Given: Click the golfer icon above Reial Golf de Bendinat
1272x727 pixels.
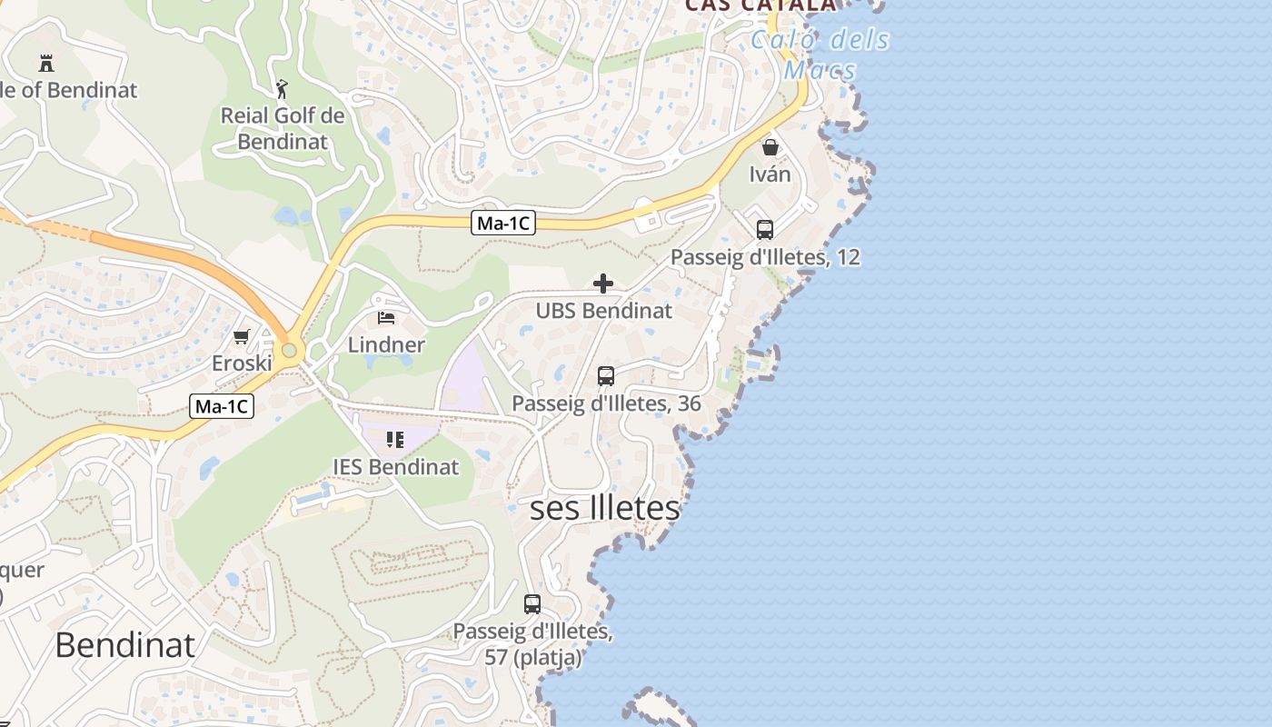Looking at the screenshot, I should [282, 89].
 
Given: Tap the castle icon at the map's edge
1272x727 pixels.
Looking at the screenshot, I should [46, 63].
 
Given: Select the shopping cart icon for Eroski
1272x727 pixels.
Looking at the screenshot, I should [241, 337].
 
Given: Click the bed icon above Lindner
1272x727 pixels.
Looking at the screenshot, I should [386, 318].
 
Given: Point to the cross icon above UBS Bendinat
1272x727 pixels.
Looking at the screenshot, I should [603, 284].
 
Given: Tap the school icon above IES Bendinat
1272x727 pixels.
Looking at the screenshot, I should [395, 441].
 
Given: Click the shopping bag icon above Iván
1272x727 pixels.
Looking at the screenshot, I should [770, 147].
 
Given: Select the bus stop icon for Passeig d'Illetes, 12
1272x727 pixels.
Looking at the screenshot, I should [765, 230].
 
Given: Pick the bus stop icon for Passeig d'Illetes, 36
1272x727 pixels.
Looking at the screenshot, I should [606, 375].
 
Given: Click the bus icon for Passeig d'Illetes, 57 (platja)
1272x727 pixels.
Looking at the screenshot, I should [532, 603].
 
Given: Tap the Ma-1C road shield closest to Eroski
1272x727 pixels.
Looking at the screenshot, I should [222, 406].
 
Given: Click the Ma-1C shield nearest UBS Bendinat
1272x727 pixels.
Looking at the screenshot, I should [503, 223].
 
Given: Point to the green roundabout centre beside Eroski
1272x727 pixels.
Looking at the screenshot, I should [289, 350].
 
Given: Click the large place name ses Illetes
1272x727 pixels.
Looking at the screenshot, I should [604, 508].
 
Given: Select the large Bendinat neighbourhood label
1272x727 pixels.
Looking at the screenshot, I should [125, 644].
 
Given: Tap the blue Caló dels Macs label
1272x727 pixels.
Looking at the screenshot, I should [820, 55].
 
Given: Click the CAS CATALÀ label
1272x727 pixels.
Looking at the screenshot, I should [760, 5].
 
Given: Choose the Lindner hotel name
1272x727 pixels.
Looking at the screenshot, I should [386, 344].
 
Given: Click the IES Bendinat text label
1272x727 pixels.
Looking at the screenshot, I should [396, 467].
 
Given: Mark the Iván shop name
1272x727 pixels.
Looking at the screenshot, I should [770, 174].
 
